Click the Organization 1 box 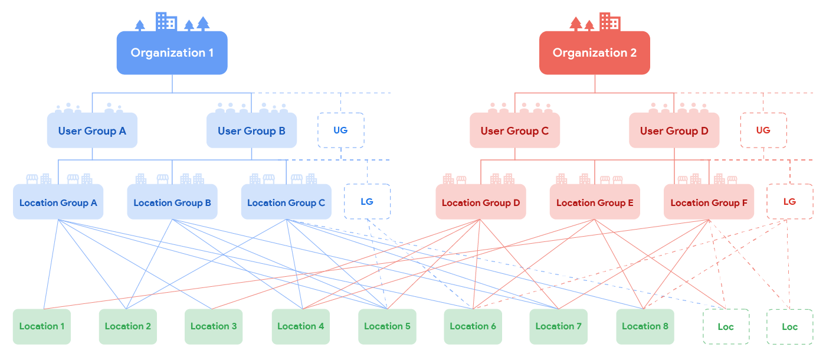172,53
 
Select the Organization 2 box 594,53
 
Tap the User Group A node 92,130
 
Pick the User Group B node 251,130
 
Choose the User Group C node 514,130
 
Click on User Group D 674,130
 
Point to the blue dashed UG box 340,130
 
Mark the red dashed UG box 763,130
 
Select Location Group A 58,202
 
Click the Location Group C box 286,202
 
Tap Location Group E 595,202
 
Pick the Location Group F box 709,202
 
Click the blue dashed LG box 367,202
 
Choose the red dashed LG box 789,202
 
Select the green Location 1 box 42,326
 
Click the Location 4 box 300,326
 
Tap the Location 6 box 473,326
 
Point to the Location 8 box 645,326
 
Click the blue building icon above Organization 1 166,22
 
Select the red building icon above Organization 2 609,22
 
